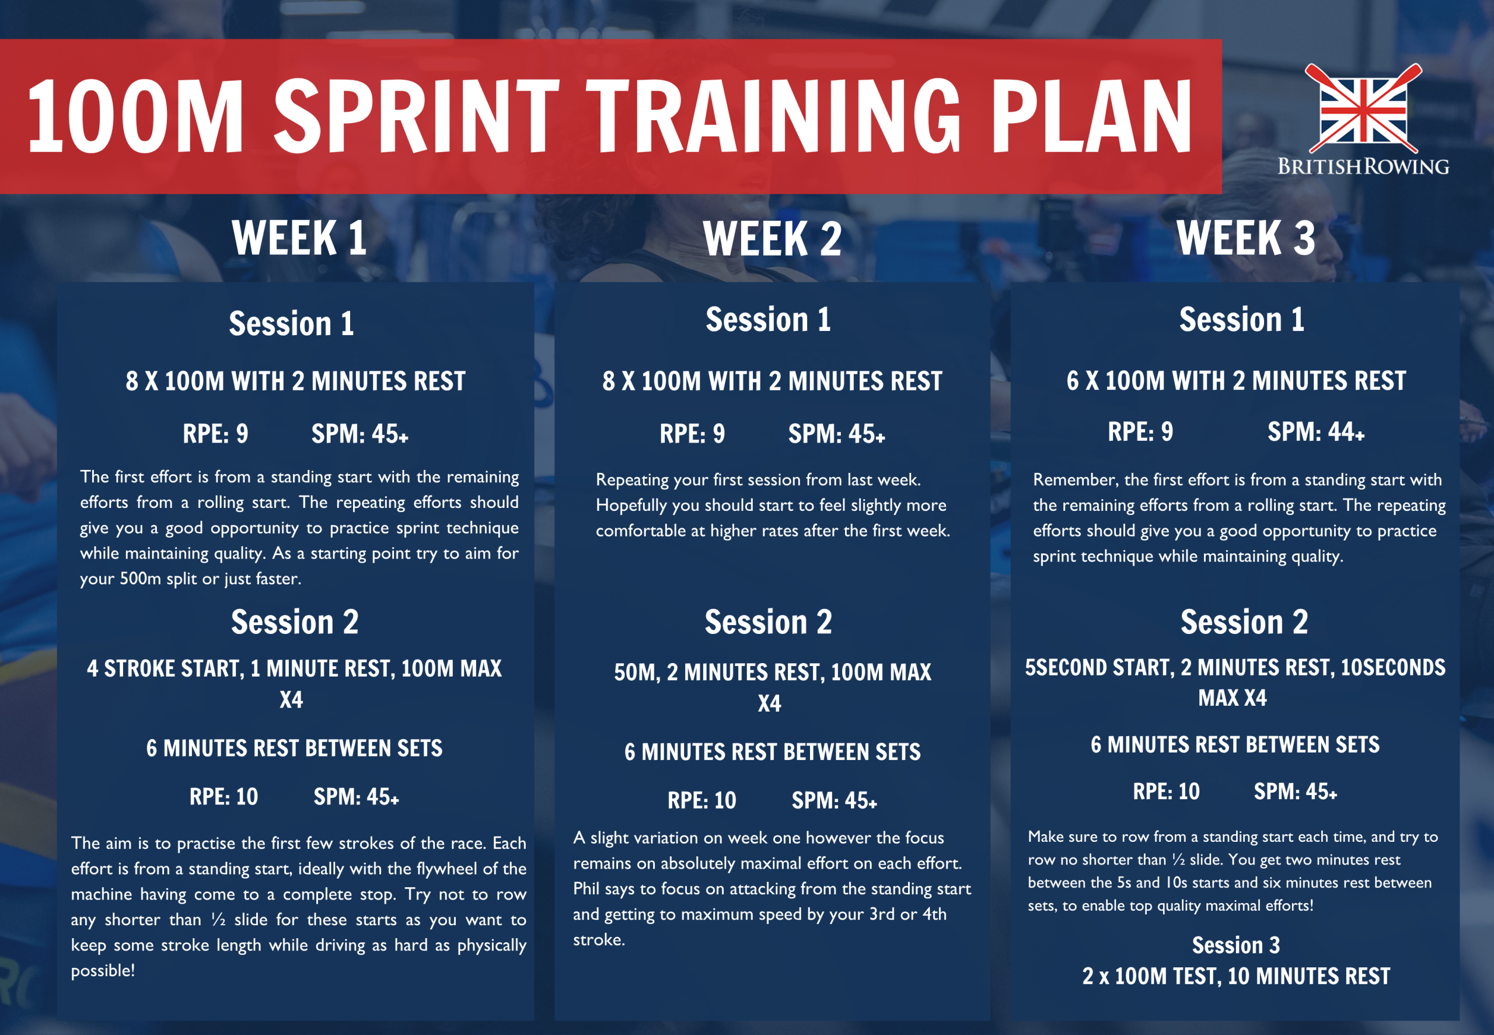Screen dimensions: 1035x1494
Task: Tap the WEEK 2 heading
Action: click(772, 239)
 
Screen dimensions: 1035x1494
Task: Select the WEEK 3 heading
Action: click(1245, 238)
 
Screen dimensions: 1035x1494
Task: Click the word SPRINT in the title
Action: click(416, 116)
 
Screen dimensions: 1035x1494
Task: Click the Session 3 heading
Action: click(1235, 945)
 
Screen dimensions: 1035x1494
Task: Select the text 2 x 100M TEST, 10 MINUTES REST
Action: click(1235, 976)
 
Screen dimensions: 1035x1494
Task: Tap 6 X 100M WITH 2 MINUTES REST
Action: click(1235, 381)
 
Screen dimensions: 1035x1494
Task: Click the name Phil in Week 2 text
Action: click(585, 888)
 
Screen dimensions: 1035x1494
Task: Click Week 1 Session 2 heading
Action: click(294, 622)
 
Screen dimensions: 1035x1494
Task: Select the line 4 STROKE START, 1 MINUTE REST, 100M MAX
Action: click(294, 668)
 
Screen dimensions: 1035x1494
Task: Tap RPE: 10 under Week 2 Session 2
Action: click(701, 800)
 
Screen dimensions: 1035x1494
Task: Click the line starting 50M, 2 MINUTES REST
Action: click(772, 672)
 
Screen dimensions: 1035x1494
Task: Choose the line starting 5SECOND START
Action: click(1234, 668)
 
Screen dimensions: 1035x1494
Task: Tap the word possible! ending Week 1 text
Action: click(102, 971)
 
